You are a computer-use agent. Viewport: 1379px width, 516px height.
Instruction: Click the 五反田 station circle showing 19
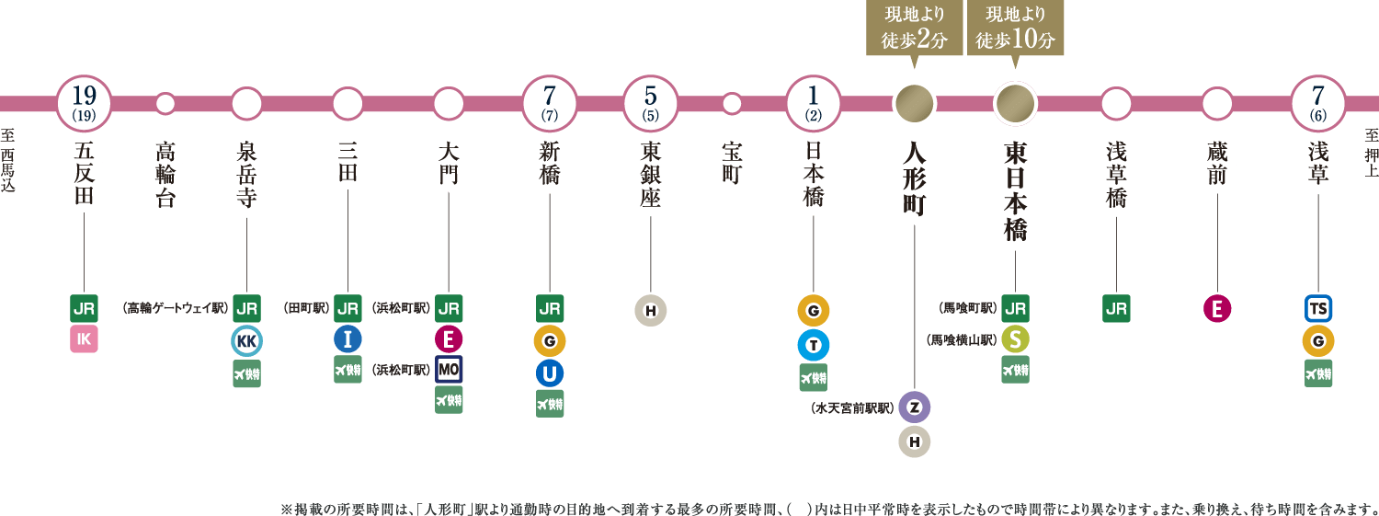(84, 102)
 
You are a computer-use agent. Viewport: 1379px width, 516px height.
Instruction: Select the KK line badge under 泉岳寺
(246, 341)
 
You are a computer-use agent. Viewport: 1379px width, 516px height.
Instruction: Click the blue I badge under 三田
(348, 339)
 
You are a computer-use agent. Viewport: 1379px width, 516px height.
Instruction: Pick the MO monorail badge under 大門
(449, 370)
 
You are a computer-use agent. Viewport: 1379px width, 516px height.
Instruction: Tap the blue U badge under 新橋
(549, 373)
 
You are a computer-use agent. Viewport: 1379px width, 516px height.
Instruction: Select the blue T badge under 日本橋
(814, 344)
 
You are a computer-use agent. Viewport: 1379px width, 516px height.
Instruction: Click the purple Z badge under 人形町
(914, 407)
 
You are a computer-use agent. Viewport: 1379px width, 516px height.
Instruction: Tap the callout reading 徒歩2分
(914, 29)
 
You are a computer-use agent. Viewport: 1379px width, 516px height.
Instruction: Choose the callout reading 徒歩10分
(1015, 29)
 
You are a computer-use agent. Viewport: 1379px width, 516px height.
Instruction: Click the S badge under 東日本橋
(1015, 339)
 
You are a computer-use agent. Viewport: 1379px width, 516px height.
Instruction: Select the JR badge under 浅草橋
(1116, 308)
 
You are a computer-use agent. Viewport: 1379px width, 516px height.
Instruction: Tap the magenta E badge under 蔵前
(1217, 309)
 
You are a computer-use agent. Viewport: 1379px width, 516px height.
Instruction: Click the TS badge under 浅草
(1318, 308)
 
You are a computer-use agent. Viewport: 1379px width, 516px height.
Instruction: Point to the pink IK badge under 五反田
(84, 339)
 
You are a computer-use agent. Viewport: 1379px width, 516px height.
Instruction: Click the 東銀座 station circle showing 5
(650, 102)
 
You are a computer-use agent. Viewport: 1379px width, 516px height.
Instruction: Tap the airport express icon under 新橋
(550, 404)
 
